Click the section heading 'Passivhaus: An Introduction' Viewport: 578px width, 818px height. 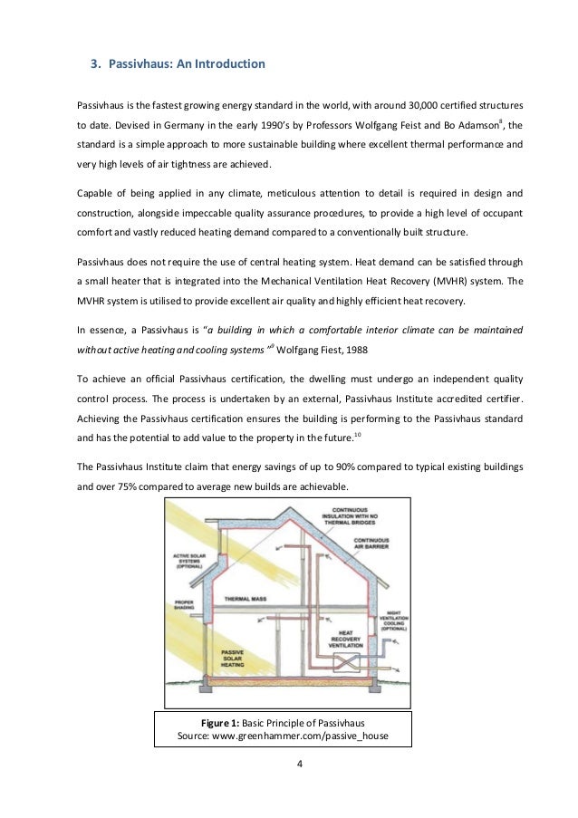(x=187, y=65)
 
